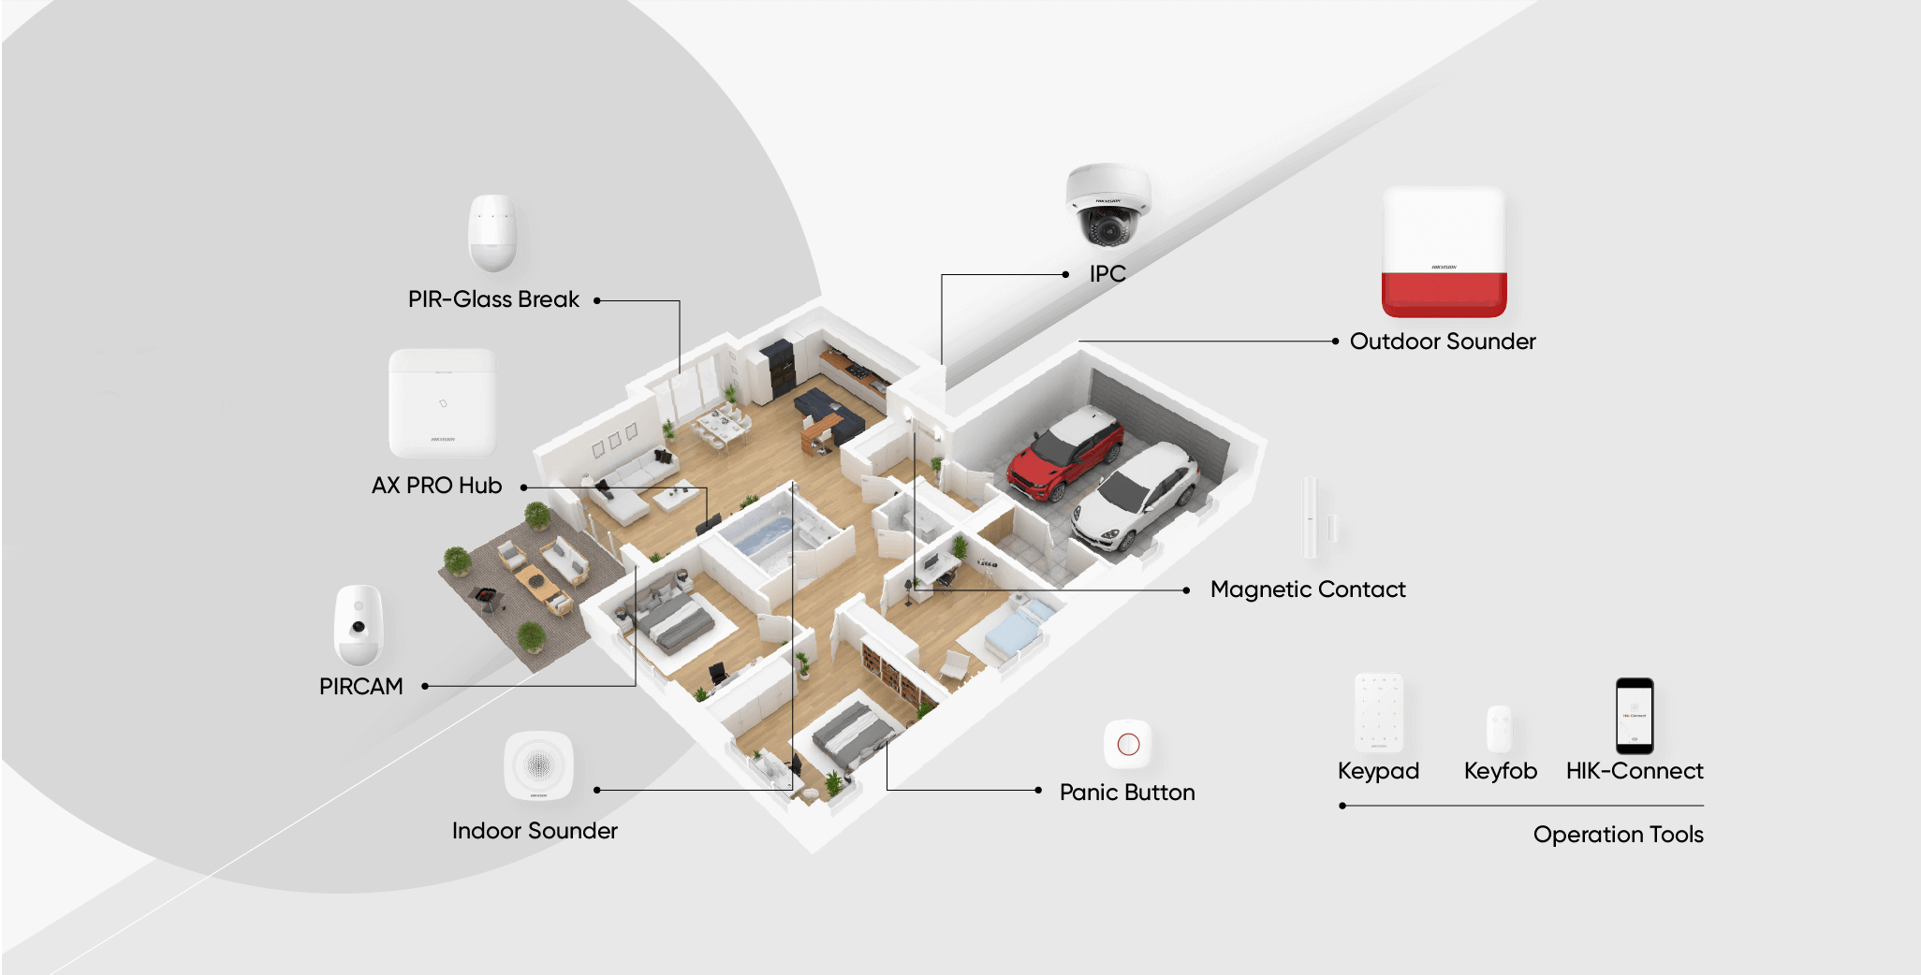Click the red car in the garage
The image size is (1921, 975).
pyautogui.click(x=1065, y=456)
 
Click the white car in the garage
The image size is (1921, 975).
pyautogui.click(x=1135, y=496)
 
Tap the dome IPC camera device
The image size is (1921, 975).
pyautogui.click(x=1107, y=206)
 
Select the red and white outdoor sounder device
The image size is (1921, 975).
pyautogui.click(x=1444, y=253)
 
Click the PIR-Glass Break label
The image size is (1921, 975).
pyautogui.click(x=493, y=299)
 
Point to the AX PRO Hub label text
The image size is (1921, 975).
pyautogui.click(x=436, y=486)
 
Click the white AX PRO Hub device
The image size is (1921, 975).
pyautogui.click(x=442, y=402)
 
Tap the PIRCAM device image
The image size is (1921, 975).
pyautogui.click(x=359, y=625)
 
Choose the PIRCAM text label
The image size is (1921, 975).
pyautogui.click(x=360, y=687)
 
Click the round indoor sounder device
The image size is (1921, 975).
pyautogui.click(x=538, y=765)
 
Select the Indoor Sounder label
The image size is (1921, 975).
pyautogui.click(x=535, y=831)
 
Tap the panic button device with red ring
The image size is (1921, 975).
pyautogui.click(x=1128, y=744)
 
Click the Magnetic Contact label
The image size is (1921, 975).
pyautogui.click(x=1308, y=589)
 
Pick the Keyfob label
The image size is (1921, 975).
pyautogui.click(x=1500, y=771)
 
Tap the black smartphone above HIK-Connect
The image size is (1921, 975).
pyautogui.click(x=1635, y=716)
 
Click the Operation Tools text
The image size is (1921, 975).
pyautogui.click(x=1618, y=835)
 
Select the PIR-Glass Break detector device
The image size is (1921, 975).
pyautogui.click(x=492, y=232)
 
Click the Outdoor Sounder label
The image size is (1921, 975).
pyautogui.click(x=1443, y=342)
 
